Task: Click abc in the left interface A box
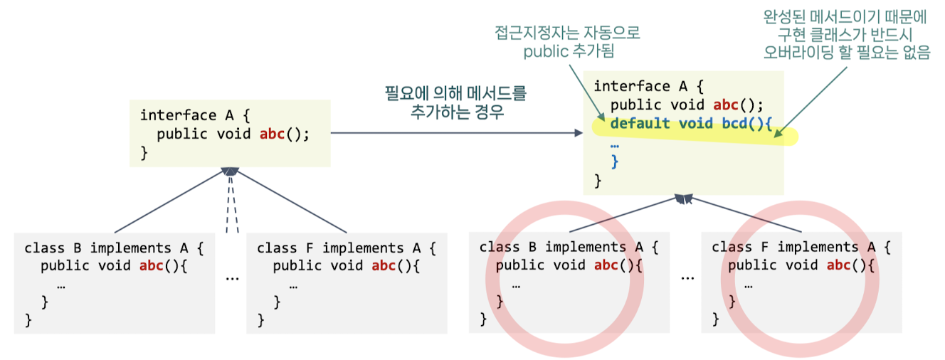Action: (272, 134)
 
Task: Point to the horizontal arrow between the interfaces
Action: (455, 133)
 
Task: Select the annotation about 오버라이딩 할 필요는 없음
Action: (846, 35)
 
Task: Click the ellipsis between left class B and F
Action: (232, 277)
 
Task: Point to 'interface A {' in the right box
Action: (648, 86)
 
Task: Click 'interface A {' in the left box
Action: (194, 115)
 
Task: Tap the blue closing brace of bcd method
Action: (615, 162)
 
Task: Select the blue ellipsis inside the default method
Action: (615, 143)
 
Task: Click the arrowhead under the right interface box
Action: (684, 199)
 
